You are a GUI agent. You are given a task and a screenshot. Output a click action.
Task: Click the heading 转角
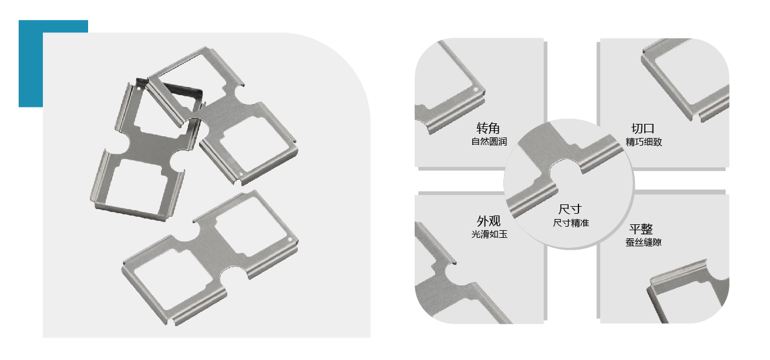click(488, 128)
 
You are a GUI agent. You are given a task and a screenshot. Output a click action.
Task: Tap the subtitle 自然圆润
click(489, 142)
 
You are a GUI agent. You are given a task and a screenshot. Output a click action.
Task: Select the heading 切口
click(643, 129)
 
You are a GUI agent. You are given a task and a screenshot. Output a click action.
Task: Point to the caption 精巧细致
click(644, 142)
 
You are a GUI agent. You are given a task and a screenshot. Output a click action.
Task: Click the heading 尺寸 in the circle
click(570, 209)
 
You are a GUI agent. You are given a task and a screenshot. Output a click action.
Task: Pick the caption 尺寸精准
click(571, 223)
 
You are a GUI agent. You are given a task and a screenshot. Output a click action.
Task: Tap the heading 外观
click(489, 221)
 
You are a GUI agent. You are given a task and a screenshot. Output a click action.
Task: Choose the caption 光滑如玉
click(489, 234)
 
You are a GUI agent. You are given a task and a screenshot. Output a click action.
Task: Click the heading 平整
click(641, 229)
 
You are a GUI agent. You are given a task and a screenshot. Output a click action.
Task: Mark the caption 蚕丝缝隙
click(644, 243)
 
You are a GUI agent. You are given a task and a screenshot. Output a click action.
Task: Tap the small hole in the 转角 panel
click(476, 90)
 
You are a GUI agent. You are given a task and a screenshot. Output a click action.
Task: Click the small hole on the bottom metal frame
click(290, 239)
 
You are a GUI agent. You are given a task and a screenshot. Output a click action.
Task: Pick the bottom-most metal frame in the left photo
click(210, 258)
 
